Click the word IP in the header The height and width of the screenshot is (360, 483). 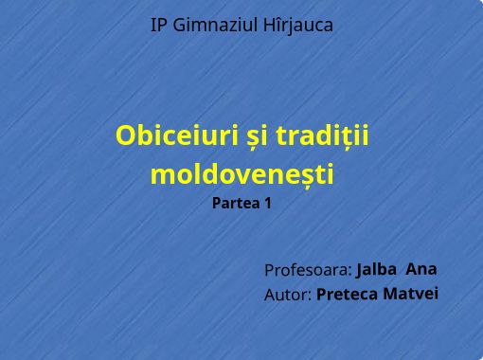click(159, 26)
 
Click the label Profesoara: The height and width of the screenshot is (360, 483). click(308, 270)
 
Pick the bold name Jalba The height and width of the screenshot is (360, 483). click(377, 269)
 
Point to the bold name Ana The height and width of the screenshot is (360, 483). click(420, 268)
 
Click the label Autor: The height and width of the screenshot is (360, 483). click(288, 296)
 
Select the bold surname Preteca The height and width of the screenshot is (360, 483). click(347, 295)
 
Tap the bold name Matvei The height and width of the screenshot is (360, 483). click(411, 294)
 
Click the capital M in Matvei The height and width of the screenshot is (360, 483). click(389, 294)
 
